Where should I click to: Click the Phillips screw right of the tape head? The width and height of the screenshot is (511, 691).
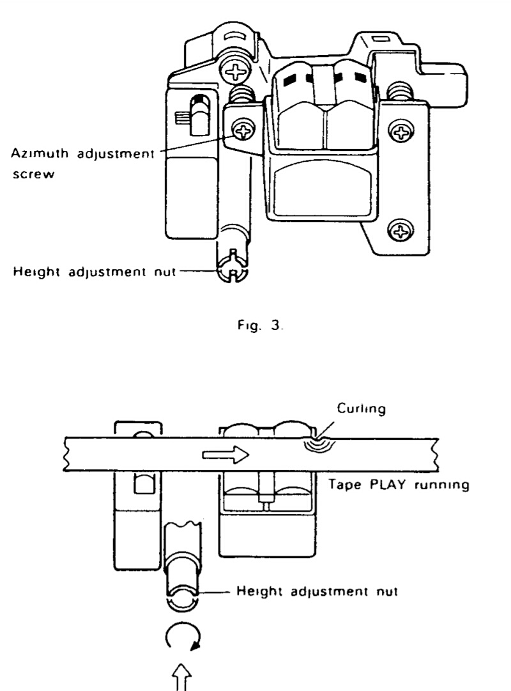click(x=402, y=132)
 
